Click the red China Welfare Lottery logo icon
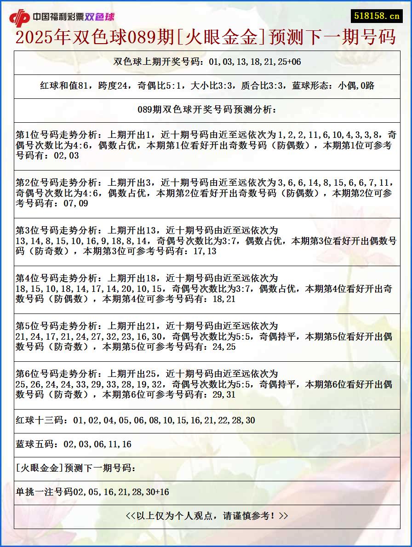click(x=19, y=18)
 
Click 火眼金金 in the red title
click(x=220, y=37)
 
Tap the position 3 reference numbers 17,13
click(x=205, y=251)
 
